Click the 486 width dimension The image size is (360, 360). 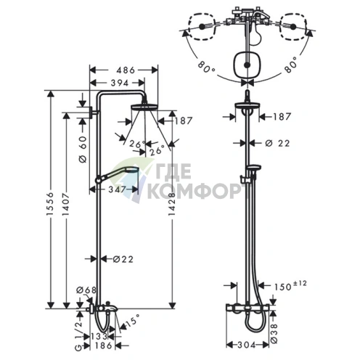126,70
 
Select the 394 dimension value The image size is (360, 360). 120,83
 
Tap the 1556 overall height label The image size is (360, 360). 49,200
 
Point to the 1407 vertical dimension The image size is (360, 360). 65,200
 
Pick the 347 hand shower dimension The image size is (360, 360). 117,189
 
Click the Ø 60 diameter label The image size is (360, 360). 83,149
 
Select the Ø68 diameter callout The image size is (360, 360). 86,290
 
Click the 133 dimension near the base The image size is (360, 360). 99,336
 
